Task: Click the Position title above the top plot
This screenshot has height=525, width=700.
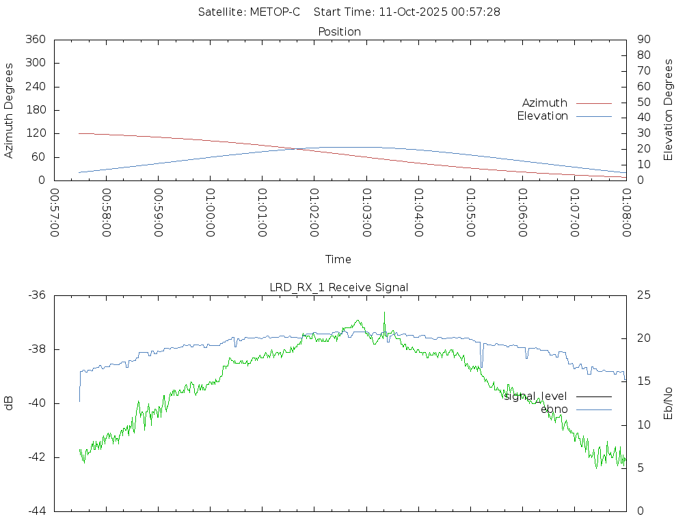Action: click(x=340, y=31)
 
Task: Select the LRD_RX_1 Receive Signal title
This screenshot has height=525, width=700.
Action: click(x=339, y=287)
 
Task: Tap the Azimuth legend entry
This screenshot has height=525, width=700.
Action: click(x=545, y=103)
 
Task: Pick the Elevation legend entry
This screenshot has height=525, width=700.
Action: click(x=542, y=116)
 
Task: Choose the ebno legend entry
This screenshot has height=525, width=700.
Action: click(x=554, y=409)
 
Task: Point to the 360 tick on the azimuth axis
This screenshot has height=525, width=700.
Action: click(x=36, y=40)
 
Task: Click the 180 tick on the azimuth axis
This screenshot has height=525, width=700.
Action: click(x=36, y=110)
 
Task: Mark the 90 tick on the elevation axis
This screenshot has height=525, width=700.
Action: click(x=643, y=40)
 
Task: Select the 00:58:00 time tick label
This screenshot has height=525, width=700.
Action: click(x=107, y=213)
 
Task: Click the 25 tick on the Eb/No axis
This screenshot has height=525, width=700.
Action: click(x=643, y=295)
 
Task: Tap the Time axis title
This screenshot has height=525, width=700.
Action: click(x=338, y=259)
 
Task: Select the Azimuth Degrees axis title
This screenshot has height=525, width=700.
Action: click(x=9, y=110)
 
